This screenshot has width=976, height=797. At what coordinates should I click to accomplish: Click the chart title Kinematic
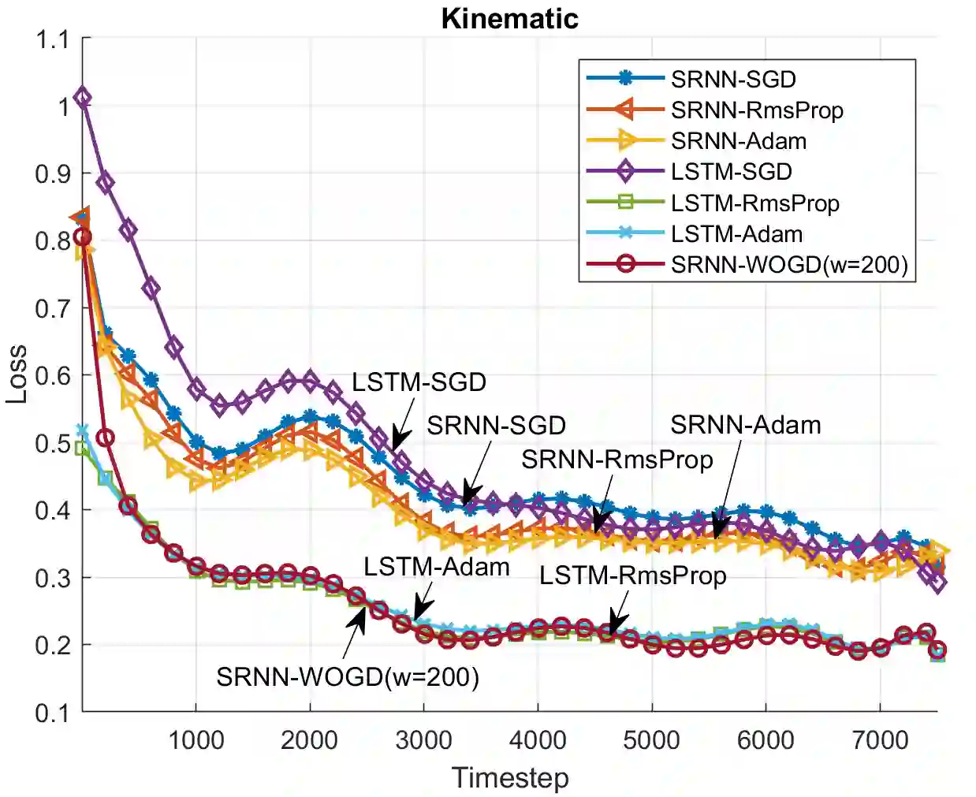[x=509, y=18]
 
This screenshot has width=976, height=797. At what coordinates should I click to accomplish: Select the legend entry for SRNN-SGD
[x=733, y=79]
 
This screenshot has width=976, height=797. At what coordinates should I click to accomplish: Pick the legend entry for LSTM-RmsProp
[x=754, y=203]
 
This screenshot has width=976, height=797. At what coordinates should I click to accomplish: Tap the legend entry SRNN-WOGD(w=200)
[x=789, y=265]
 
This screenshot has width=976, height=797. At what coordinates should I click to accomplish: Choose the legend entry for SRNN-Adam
[x=739, y=141]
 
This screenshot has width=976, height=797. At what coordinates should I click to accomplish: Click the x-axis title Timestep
[x=509, y=778]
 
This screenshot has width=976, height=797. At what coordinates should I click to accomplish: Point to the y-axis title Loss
[x=17, y=374]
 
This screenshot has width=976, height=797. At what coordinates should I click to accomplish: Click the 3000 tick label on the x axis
[x=423, y=741]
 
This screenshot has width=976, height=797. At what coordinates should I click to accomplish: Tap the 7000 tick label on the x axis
[x=880, y=741]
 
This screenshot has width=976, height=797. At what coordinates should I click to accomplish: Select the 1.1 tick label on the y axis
[x=52, y=39]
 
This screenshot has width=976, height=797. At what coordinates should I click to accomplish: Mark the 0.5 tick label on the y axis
[x=52, y=443]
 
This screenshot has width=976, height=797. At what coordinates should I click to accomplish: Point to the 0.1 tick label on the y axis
[x=52, y=713]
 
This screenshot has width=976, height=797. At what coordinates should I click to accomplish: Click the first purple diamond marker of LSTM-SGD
[x=82, y=99]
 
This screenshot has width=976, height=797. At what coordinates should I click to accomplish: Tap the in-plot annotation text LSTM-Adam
[x=436, y=567]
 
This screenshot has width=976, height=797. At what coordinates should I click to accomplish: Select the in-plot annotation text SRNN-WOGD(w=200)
[x=348, y=676]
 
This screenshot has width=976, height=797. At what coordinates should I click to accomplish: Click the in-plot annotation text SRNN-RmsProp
[x=617, y=459]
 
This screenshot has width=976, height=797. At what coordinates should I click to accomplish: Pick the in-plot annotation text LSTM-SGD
[x=419, y=382]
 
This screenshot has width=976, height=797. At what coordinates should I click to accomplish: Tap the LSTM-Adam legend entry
[x=736, y=234]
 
